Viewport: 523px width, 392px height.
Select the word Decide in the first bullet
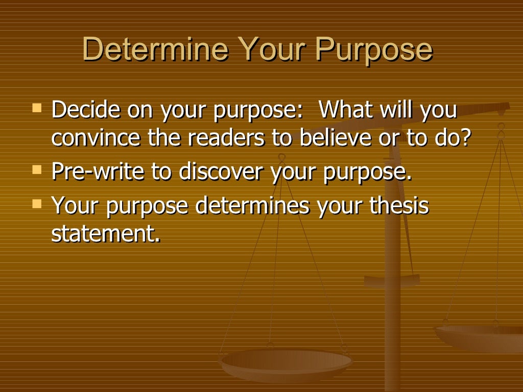[85, 111]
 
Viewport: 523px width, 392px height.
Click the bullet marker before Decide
[37, 109]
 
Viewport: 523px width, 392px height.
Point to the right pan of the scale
[480, 337]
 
